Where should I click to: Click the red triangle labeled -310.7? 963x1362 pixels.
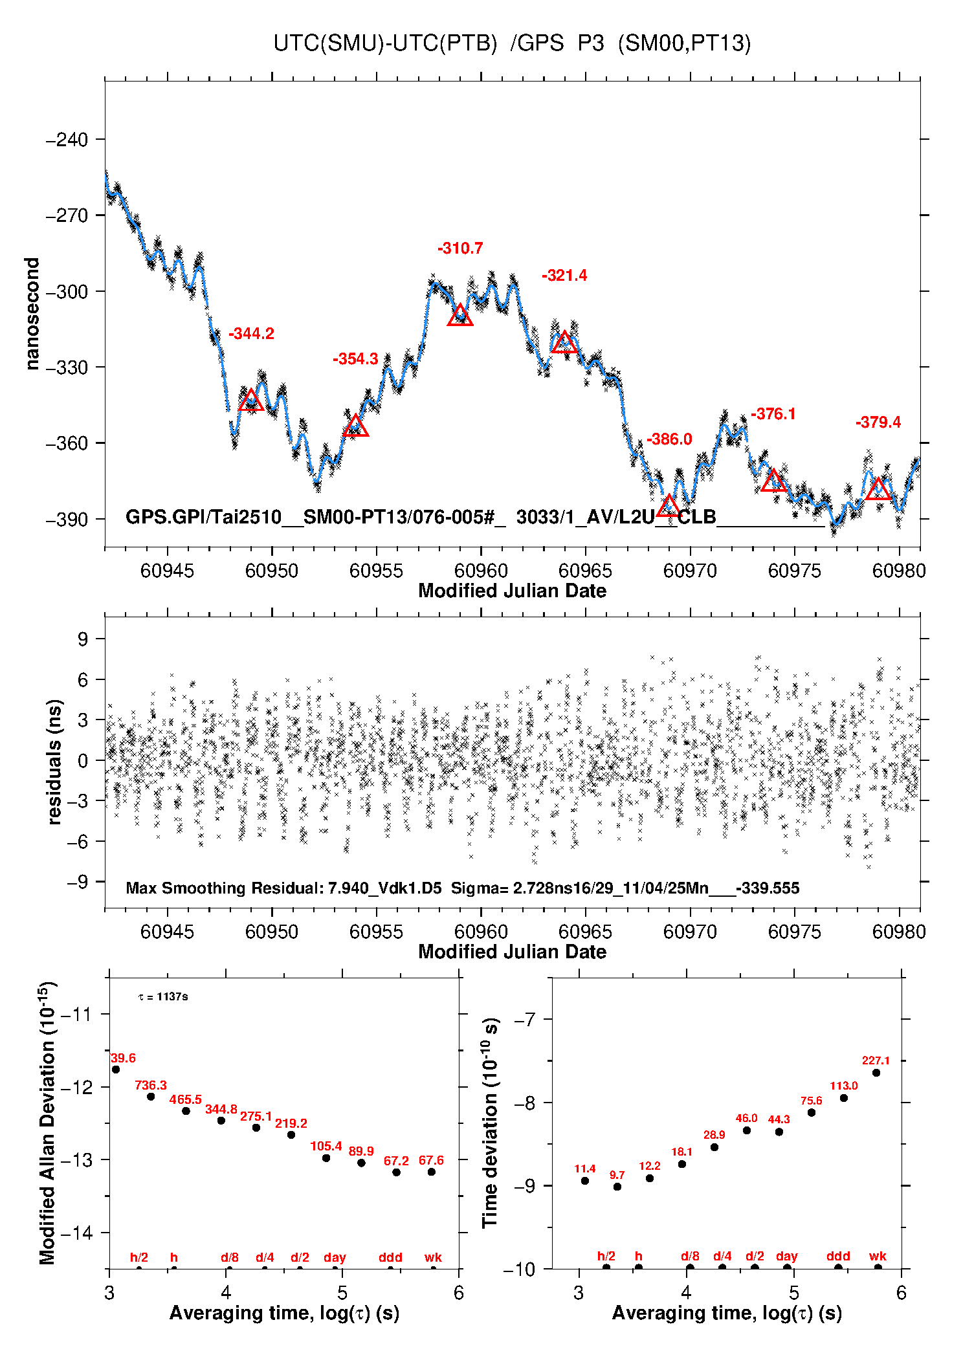(460, 316)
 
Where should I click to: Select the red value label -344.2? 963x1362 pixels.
(251, 334)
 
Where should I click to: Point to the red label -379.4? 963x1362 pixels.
(878, 423)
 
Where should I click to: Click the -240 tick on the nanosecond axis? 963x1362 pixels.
(67, 140)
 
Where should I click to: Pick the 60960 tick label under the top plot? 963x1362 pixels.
(481, 571)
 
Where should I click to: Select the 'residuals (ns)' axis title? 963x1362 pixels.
(55, 762)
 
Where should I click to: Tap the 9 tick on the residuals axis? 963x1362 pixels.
(83, 639)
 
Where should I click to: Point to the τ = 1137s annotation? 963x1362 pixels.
(163, 996)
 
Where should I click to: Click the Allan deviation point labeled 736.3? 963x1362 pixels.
(151, 1096)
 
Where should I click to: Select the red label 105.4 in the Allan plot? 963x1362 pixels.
(326, 1146)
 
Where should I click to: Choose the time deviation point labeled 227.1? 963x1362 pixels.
(876, 1073)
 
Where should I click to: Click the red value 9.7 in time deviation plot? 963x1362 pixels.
(617, 1175)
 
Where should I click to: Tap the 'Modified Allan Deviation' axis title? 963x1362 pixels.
(48, 1123)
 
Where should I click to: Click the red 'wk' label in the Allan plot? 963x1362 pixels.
(433, 1257)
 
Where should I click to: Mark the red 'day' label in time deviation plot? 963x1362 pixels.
(786, 1256)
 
